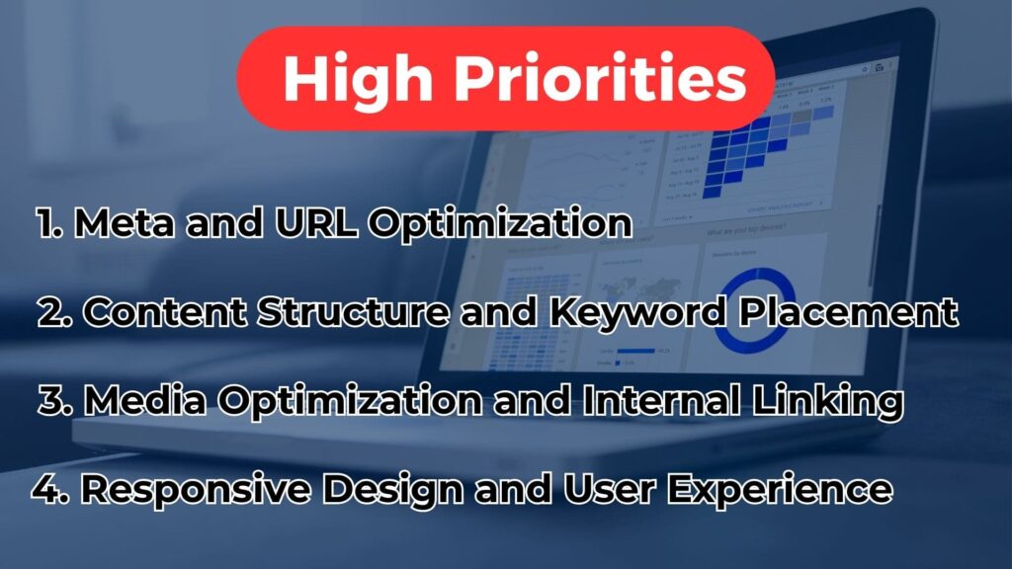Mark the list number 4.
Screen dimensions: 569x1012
(x=45, y=489)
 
